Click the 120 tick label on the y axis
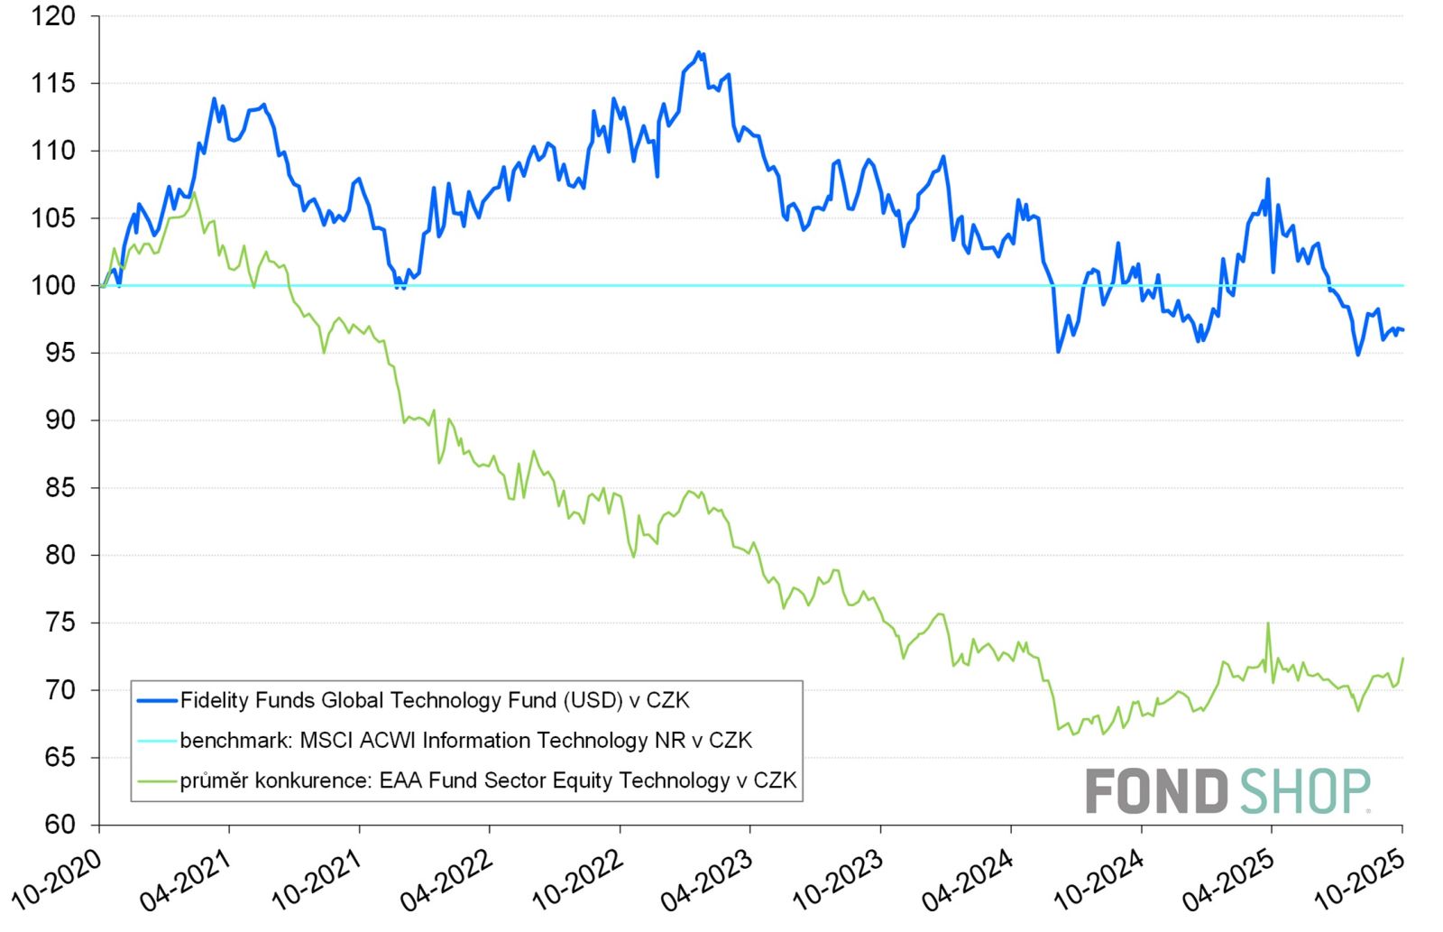[x=54, y=16]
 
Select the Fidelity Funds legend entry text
[x=435, y=700]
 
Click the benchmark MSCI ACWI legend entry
[x=465, y=741]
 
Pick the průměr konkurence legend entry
[x=488, y=780]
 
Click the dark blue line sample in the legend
[x=156, y=700]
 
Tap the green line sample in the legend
[x=156, y=780]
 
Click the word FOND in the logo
[x=1156, y=791]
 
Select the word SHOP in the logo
[x=1305, y=791]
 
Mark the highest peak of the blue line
[x=699, y=52]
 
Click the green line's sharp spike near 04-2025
[x=1268, y=623]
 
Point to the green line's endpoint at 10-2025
[x=1403, y=659]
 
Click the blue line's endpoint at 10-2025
[x=1403, y=330]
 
